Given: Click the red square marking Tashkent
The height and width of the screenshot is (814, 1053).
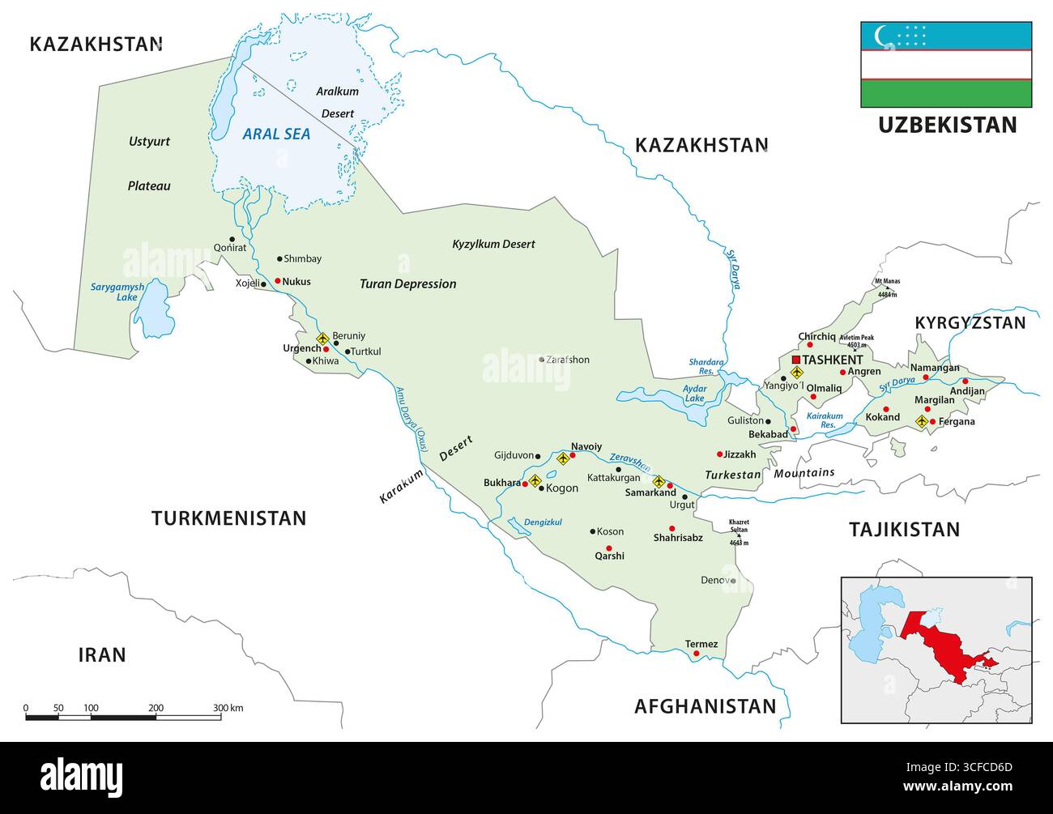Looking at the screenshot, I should tap(796, 360).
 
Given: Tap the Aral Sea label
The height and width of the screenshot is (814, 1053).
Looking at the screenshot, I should tap(276, 134).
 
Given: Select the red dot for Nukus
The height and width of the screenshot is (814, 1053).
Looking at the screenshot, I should tap(277, 281).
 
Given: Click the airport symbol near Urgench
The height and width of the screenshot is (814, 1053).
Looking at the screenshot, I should tap(322, 338).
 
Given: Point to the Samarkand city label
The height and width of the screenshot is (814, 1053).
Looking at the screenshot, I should tap(650, 492).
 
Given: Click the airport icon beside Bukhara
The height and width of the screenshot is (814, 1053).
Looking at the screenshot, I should tap(535, 481).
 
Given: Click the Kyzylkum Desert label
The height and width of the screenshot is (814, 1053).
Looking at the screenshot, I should tap(493, 244).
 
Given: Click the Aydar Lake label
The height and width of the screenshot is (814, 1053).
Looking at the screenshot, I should tap(694, 394).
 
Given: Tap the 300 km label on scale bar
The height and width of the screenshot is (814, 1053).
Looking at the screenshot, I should tap(228, 708).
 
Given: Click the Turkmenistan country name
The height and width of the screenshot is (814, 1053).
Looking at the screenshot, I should tap(228, 518).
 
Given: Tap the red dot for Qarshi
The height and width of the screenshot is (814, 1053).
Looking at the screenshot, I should tap(608, 548).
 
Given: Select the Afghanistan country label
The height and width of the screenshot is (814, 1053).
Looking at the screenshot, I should tap(705, 705).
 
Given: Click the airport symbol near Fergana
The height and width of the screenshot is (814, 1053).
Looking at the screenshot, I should tap(921, 421).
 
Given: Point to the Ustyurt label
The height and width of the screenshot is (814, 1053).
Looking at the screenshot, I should tap(150, 142).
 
